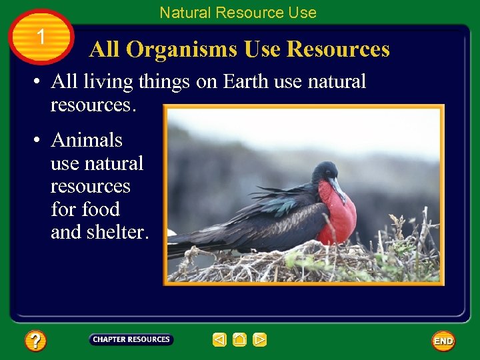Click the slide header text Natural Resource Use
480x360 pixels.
pos(238,13)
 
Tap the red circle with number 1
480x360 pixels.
pos(41,37)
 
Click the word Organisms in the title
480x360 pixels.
pos(183,49)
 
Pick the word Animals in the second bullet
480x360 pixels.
pos(87,140)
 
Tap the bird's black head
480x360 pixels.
pos(325,172)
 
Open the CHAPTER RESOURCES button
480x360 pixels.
pos(131,339)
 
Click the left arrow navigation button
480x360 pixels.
pos(219,340)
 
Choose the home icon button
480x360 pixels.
pos(240,340)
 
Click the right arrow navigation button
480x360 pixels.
pos(260,340)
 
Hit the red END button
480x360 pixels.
pos(443,341)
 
